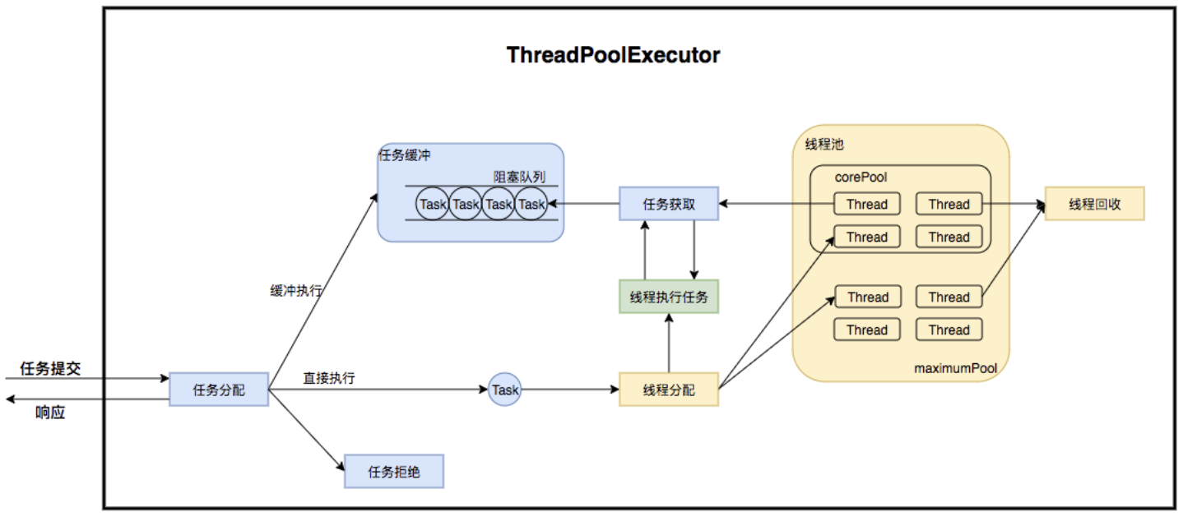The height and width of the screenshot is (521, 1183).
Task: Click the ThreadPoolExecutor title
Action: point(613,55)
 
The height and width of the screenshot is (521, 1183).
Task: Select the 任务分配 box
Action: point(219,390)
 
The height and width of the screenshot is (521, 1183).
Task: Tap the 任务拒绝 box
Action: point(394,472)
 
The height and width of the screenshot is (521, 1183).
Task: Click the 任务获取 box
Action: point(669,204)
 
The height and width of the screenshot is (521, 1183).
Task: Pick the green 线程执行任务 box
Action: point(669,297)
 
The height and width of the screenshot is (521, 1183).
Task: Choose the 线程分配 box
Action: point(669,390)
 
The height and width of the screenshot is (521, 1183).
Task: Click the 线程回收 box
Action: point(1095,204)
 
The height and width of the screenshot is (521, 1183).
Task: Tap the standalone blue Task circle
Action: point(505,390)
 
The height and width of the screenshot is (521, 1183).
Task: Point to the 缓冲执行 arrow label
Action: point(296,291)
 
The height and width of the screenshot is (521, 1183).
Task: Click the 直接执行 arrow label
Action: point(329,377)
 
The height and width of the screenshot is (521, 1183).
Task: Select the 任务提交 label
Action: point(50,368)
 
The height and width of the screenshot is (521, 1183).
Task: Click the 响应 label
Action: point(50,412)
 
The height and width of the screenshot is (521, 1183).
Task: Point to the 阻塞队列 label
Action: point(519,177)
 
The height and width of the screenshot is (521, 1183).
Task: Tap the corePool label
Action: point(861,178)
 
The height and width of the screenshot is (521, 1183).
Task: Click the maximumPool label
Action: point(955,368)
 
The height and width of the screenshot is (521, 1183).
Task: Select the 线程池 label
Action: point(824,144)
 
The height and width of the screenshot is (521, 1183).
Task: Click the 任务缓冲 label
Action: point(405,155)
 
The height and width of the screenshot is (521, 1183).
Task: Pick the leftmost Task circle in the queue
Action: point(433,204)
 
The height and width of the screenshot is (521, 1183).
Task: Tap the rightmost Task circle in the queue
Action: point(531,204)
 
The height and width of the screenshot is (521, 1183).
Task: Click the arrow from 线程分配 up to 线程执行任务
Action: point(669,343)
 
